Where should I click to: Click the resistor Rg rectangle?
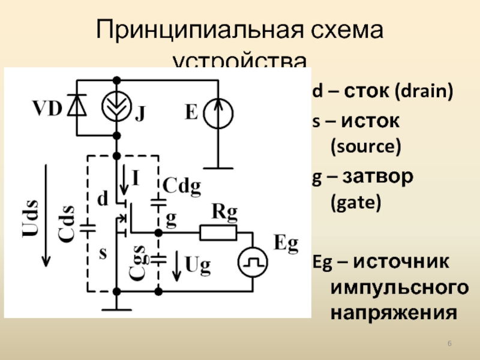pos(218,232)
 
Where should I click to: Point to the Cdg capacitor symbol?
pos(158,203)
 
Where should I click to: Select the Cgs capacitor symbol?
pos(158,259)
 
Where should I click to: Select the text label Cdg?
pos(181,187)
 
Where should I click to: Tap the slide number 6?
pos(451,343)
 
